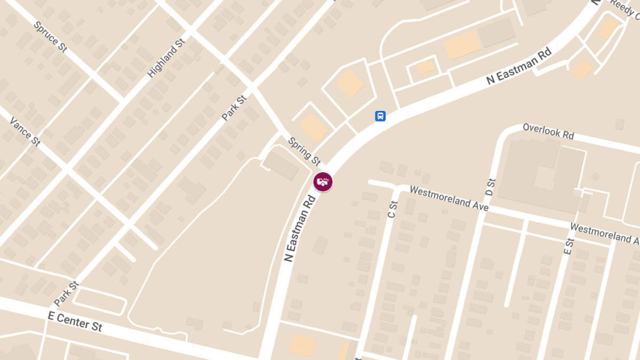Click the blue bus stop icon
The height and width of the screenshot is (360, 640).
tap(380, 116)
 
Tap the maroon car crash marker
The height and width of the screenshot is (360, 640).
tap(323, 182)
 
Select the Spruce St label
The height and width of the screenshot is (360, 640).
tap(50, 36)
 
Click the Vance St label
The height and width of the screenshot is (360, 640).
tap(25, 131)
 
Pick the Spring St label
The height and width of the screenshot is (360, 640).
tap(304, 151)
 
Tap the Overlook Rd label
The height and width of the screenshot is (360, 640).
tap(548, 131)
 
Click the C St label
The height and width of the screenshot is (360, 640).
tap(393, 209)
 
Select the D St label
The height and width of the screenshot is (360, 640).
tap(491, 187)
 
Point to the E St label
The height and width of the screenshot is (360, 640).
tap(569, 246)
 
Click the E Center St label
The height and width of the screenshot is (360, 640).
tap(75, 321)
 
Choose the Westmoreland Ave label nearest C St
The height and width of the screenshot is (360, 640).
tap(449, 198)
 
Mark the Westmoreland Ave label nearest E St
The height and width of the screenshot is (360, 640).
tap(604, 233)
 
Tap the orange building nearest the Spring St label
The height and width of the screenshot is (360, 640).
tap(314, 127)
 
